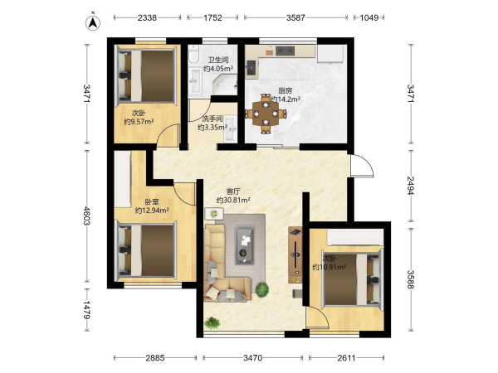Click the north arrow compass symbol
[x=93, y=22]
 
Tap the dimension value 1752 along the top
[x=212, y=17]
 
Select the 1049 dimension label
[x=369, y=17]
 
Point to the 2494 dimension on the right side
[x=411, y=186]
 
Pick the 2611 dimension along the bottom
[x=346, y=358]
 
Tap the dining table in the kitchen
[x=266, y=114]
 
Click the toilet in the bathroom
[x=193, y=54]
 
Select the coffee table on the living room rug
[x=245, y=245]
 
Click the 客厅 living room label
[x=233, y=191]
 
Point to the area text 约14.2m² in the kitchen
[x=286, y=99]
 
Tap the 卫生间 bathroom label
[x=218, y=60]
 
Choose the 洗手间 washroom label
[x=212, y=119]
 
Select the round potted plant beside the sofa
[x=262, y=289]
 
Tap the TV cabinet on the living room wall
[x=295, y=255]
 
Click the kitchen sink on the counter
[x=252, y=68]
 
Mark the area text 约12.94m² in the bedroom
[x=152, y=211]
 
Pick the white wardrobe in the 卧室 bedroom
[x=123, y=179]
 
